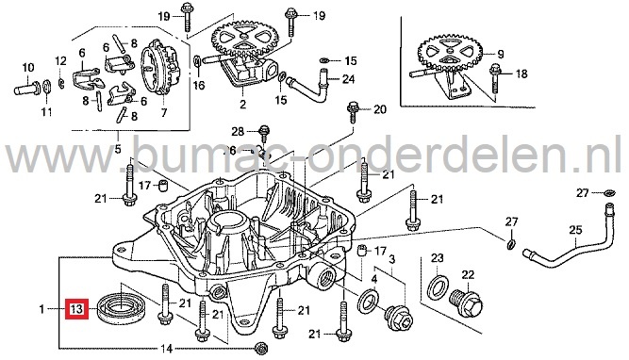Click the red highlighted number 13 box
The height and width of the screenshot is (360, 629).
click(x=76, y=309)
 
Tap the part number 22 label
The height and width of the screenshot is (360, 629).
click(x=468, y=275)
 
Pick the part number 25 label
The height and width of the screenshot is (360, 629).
click(x=575, y=230)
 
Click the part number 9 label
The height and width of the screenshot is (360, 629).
click(x=501, y=54)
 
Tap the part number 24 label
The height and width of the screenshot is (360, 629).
click(x=348, y=79)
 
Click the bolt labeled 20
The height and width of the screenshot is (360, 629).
click(x=353, y=112)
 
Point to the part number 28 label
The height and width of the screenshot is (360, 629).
click(x=238, y=131)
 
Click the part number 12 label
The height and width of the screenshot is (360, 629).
click(x=60, y=61)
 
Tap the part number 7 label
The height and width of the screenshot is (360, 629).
click(x=164, y=113)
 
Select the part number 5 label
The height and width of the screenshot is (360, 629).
click(x=118, y=149)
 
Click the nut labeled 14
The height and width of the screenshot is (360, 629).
click(x=260, y=348)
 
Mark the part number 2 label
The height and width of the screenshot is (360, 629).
click(x=242, y=105)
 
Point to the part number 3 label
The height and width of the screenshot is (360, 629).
click(x=391, y=259)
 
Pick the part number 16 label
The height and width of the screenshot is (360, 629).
click(x=199, y=85)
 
